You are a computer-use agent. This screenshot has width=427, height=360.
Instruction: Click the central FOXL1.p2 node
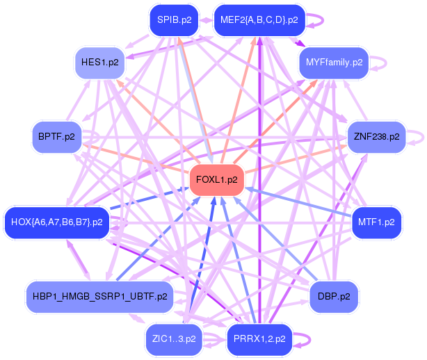point(217,179)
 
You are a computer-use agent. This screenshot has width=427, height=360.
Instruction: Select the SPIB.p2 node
point(175,19)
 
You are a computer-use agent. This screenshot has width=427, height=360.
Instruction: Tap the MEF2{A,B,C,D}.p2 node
point(259,19)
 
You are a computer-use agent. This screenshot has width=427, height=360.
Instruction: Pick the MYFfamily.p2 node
point(334,62)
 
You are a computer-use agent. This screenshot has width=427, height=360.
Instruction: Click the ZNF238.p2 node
point(376,136)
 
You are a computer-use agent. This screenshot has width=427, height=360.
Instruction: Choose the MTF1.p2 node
point(376,222)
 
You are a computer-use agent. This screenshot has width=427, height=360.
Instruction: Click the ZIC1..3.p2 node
point(174,339)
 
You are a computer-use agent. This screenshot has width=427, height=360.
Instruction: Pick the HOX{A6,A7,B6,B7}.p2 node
point(57,222)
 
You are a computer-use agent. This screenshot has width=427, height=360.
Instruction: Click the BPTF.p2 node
point(57,136)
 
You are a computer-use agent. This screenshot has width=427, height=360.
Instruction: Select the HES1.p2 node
point(99,62)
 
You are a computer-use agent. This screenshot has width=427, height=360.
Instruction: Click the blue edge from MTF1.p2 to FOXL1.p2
point(299,202)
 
